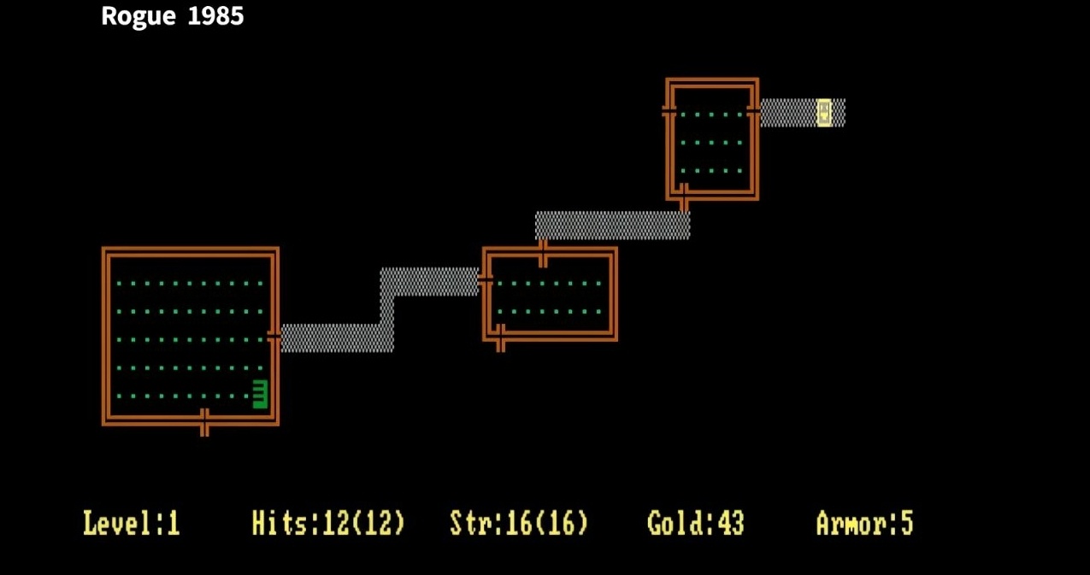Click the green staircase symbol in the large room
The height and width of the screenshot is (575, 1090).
(x=260, y=394)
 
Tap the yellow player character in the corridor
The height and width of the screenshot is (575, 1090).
(x=824, y=112)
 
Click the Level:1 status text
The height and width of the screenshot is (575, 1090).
(x=132, y=523)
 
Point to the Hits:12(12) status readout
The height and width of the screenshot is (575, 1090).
(x=328, y=523)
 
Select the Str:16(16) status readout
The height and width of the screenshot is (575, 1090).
(x=519, y=523)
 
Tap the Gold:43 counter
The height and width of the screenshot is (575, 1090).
(x=696, y=523)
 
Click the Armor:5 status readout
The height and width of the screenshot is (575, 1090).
(x=864, y=523)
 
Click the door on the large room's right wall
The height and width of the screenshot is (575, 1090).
(x=274, y=337)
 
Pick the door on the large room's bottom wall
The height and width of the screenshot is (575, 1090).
(x=204, y=421)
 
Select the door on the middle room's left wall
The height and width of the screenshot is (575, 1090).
(x=486, y=279)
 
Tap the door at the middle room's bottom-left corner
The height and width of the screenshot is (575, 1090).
(x=500, y=337)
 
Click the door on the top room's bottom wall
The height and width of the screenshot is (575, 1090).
(x=683, y=197)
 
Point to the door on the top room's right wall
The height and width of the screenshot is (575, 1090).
(x=753, y=111)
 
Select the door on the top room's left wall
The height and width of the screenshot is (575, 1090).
(x=669, y=111)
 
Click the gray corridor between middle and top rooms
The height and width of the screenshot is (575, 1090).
(x=611, y=225)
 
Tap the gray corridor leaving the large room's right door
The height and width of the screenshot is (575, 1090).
(x=333, y=337)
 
